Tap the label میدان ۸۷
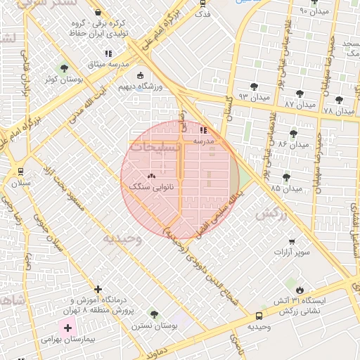[300, 103]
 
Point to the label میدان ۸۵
[285, 188]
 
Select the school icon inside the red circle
[203, 131]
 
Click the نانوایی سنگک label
[151, 186]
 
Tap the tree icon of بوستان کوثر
[65, 68]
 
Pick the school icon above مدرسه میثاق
[108, 53]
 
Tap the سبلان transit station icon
[20, 172]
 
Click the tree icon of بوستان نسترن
[154, 314]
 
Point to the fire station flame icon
[301, 290]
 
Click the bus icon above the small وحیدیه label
[259, 316]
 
